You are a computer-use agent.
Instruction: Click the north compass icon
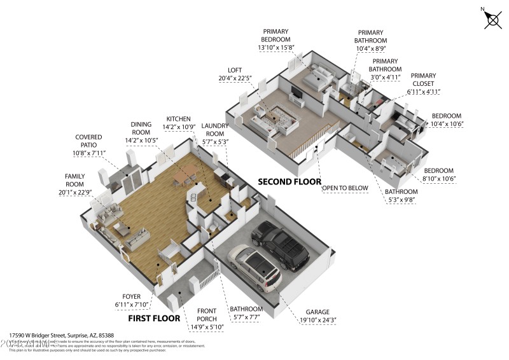[x=492, y=19]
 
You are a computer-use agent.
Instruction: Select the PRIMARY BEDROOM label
[x=275, y=35]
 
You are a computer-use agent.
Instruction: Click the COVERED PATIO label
[x=89, y=141]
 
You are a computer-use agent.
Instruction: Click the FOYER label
[x=132, y=296]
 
